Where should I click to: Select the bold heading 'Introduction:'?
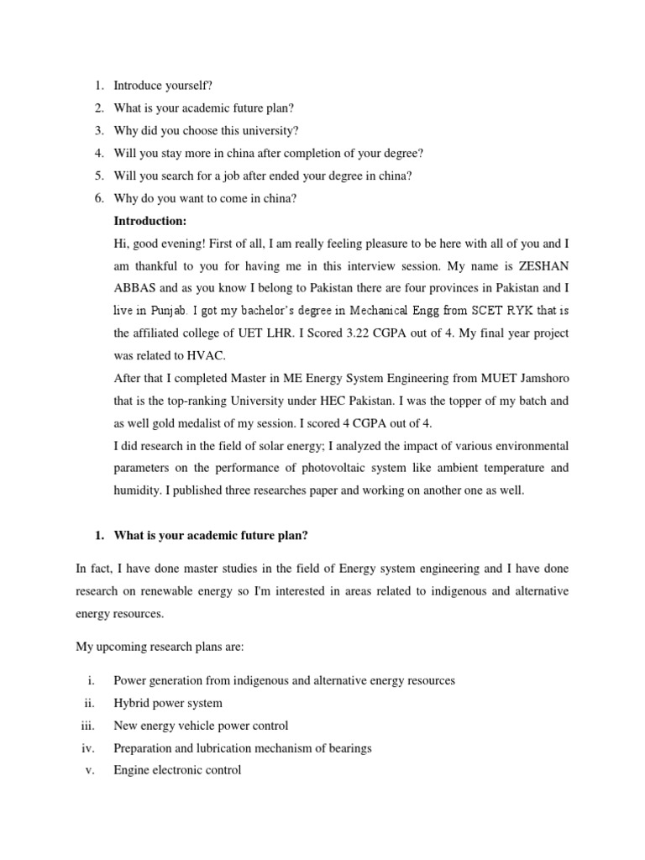click(149, 221)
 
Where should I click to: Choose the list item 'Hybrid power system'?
click(168, 703)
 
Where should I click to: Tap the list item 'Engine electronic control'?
click(177, 770)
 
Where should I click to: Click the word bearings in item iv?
click(349, 747)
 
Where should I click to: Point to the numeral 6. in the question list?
click(98, 198)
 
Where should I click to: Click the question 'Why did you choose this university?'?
click(206, 130)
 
